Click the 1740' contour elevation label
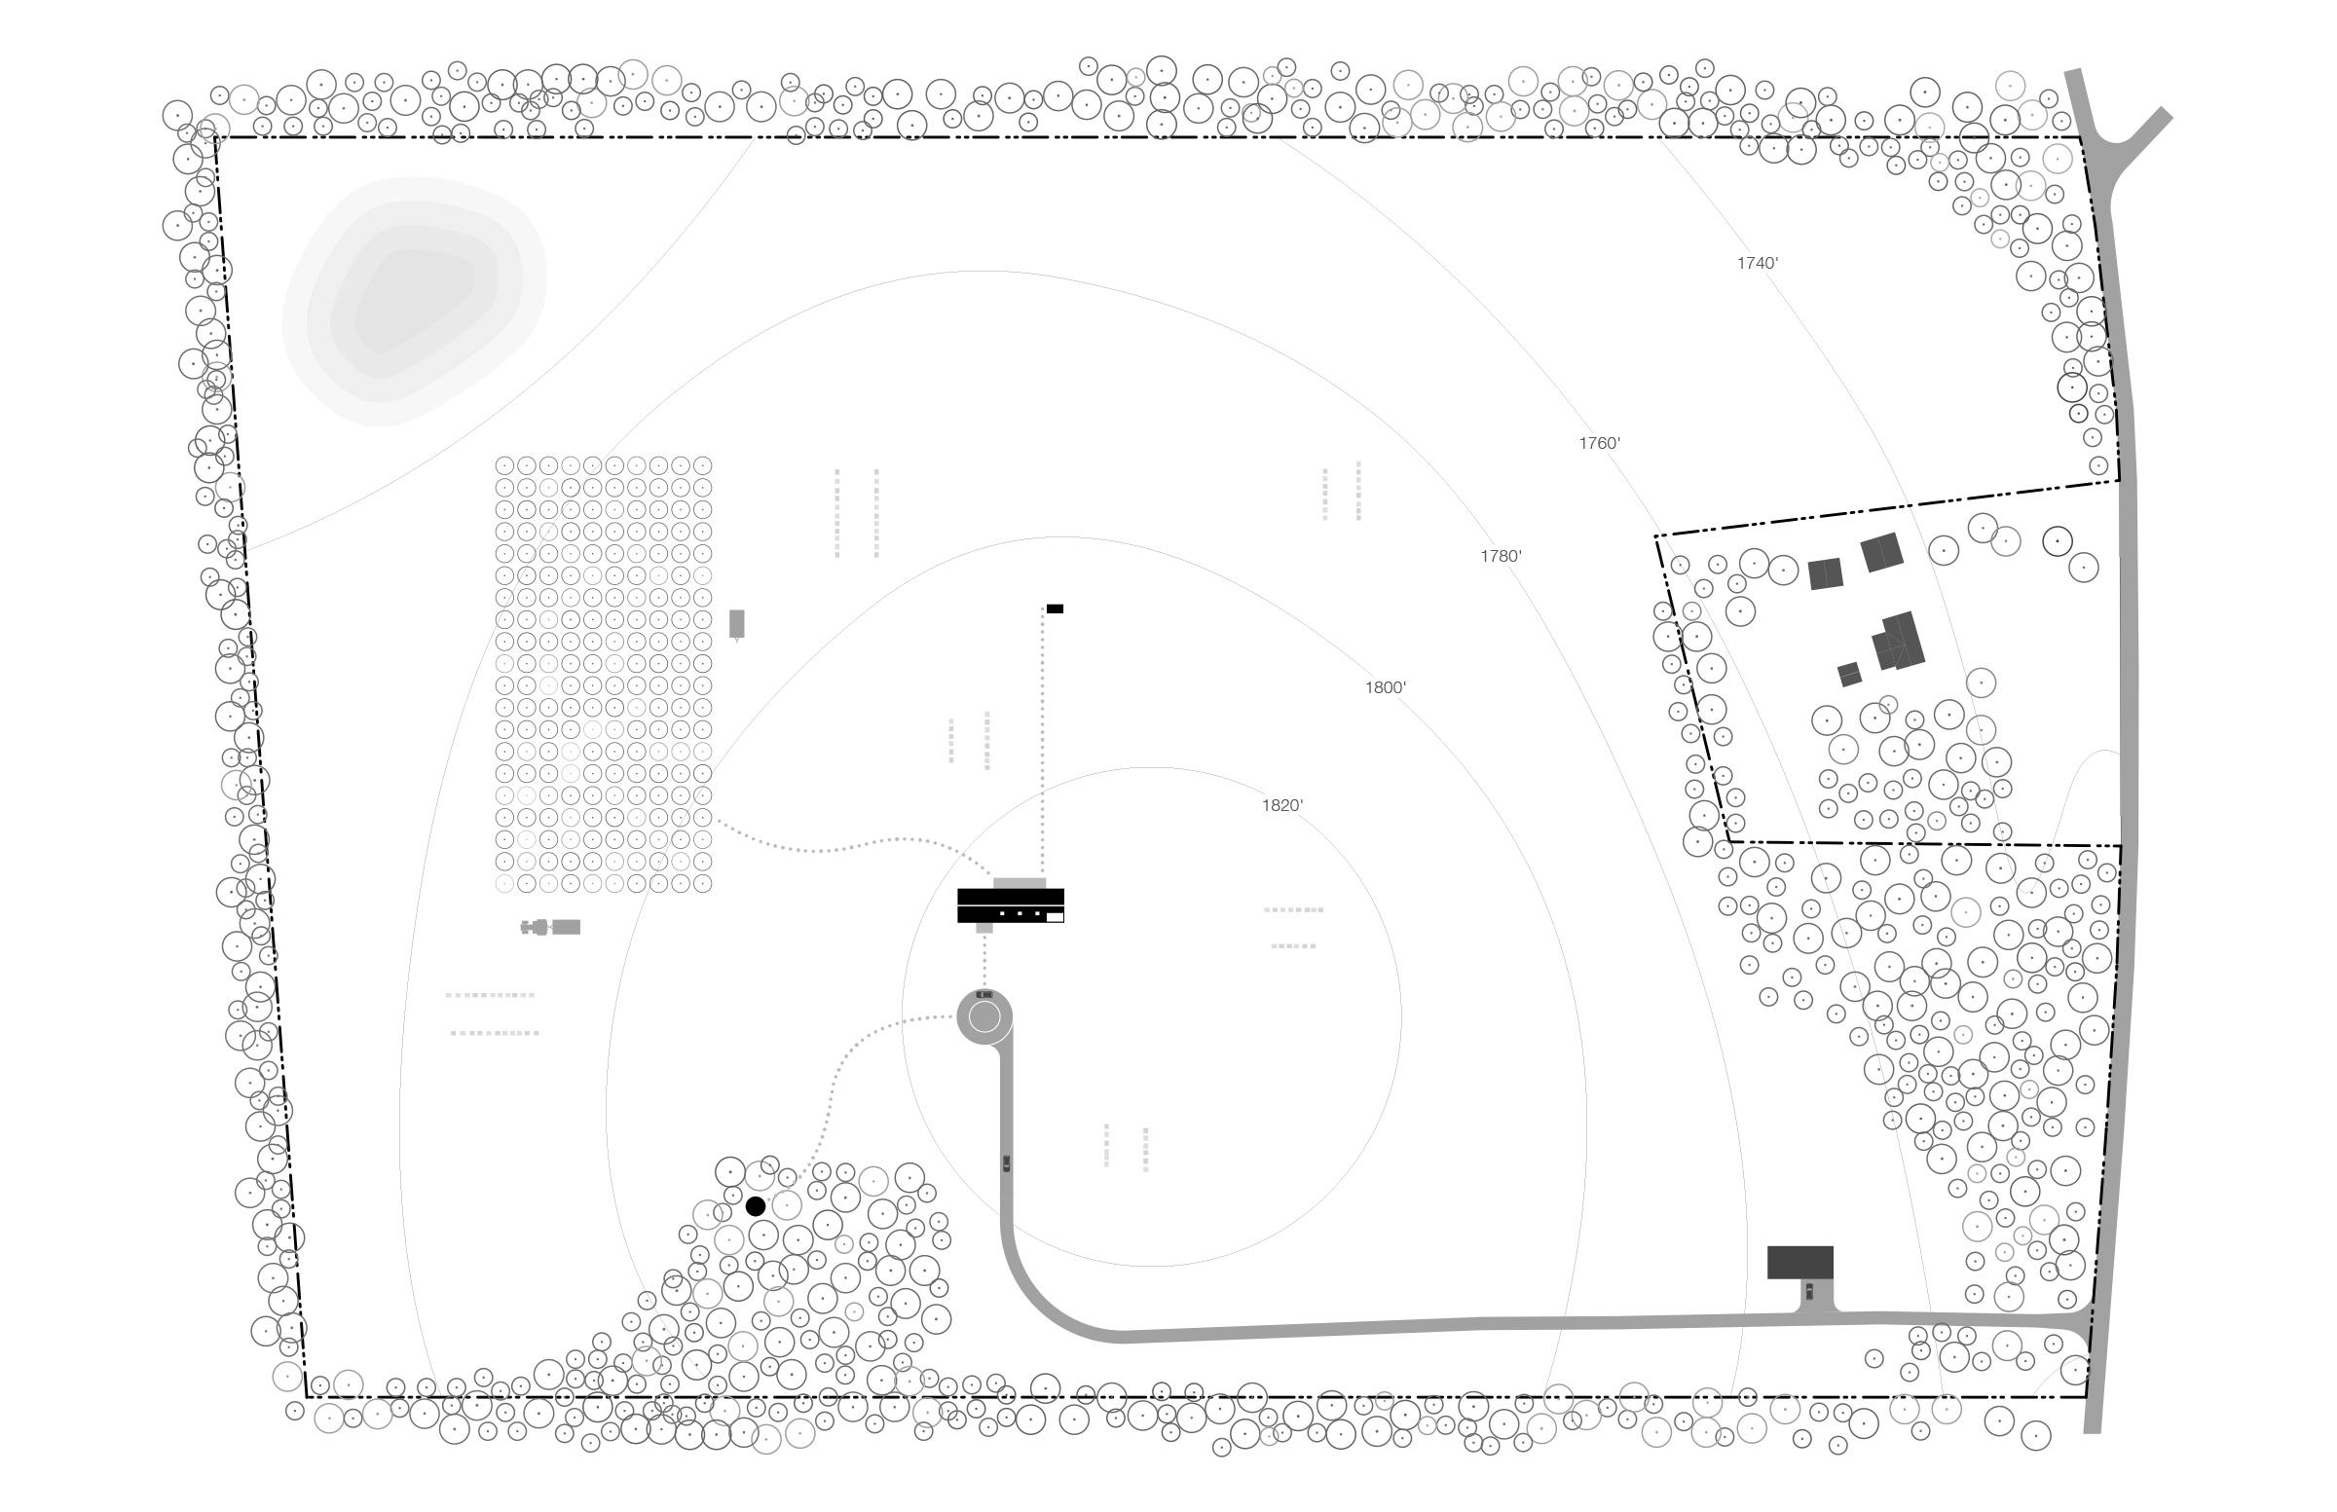pyautogui.click(x=1758, y=263)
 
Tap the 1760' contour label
pyautogui.click(x=1600, y=443)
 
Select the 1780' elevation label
pyautogui.click(x=1502, y=557)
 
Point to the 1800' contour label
pyautogui.click(x=1386, y=687)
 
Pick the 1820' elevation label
pyautogui.click(x=1282, y=805)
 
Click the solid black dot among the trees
pyautogui.click(x=755, y=1206)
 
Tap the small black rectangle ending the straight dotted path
pyautogui.click(x=1055, y=608)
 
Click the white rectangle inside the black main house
pyautogui.click(x=1055, y=917)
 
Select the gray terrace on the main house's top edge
pyautogui.click(x=1020, y=884)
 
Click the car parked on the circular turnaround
pyautogui.click(x=984, y=995)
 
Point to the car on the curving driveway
pyautogui.click(x=1007, y=1163)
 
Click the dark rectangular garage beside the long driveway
pyautogui.click(x=1799, y=1263)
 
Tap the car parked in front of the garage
pyautogui.click(x=1808, y=1291)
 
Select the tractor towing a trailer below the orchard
pyautogui.click(x=551, y=927)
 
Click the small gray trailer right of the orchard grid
pyautogui.click(x=736, y=624)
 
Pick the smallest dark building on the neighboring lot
pyautogui.click(x=1850, y=675)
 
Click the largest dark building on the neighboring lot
pyautogui.click(x=1897, y=642)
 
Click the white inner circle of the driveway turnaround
pyautogui.click(x=984, y=1017)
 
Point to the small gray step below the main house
pyautogui.click(x=984, y=928)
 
